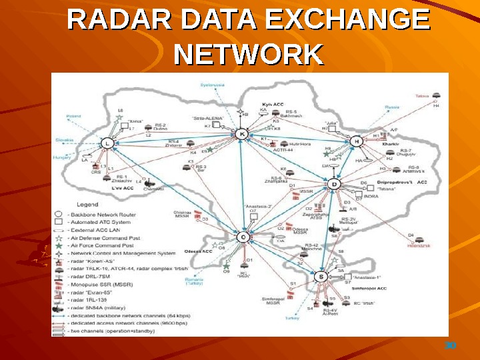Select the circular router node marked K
[242, 134]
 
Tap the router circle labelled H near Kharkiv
[357, 141]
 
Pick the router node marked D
[335, 184]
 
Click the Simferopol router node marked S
[321, 276]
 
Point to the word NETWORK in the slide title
[248, 55]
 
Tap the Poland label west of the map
[73, 116]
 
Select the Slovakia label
[65, 140]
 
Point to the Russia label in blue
[391, 107]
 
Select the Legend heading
[88, 204]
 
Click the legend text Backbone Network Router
[104, 214]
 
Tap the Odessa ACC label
[198, 251]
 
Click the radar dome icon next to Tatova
[436, 96]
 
